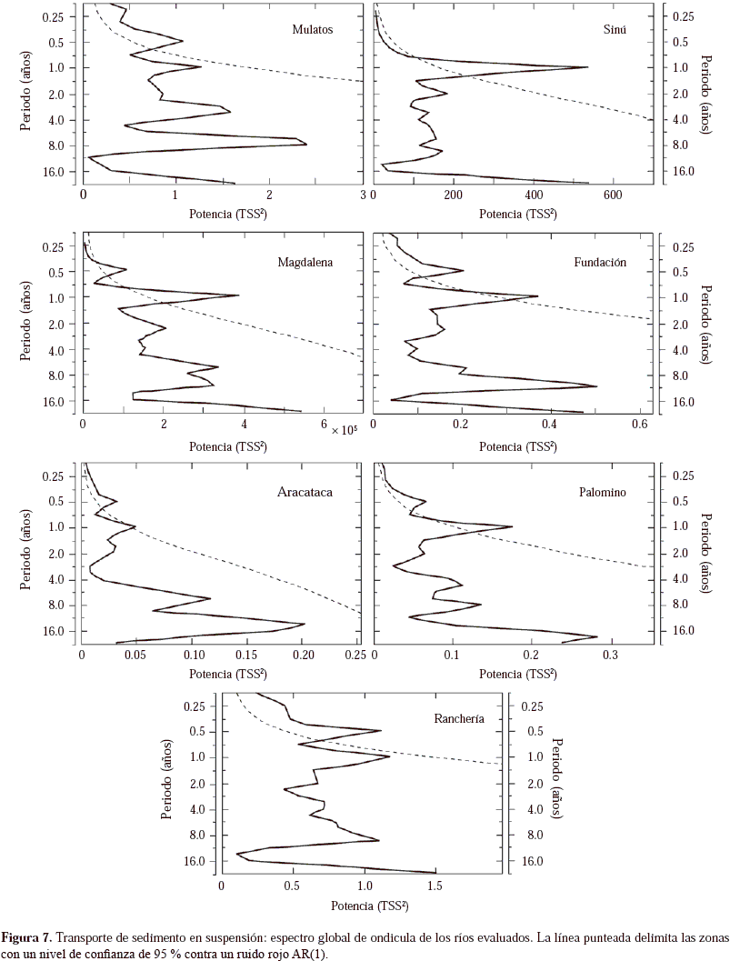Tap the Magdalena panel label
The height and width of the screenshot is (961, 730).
[305, 263]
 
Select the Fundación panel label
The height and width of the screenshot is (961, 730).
[600, 263]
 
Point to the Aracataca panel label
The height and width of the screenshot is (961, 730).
[305, 493]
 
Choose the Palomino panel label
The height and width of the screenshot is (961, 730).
[603, 493]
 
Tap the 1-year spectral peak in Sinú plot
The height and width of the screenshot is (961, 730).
[587, 67]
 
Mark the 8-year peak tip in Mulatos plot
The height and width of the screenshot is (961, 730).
[306, 144]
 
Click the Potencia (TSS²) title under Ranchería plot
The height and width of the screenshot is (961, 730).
[368, 906]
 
